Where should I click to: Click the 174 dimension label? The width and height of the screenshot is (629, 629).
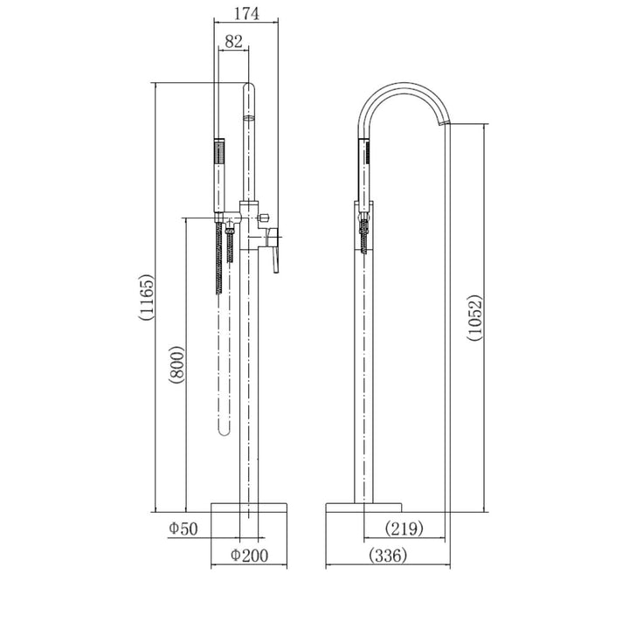tap(246, 14)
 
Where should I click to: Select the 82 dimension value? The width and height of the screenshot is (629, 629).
tap(234, 41)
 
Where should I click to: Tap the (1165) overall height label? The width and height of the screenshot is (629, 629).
tap(145, 297)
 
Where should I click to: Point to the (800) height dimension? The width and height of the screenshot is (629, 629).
tap(176, 364)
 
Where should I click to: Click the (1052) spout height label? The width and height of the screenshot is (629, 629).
tap(474, 318)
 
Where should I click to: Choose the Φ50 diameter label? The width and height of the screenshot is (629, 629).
tap(183, 529)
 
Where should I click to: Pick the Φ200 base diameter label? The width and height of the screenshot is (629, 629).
tap(249, 556)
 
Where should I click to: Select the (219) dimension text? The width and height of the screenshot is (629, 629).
tap(404, 529)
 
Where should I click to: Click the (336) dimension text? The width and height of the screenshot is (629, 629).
tap(388, 556)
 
